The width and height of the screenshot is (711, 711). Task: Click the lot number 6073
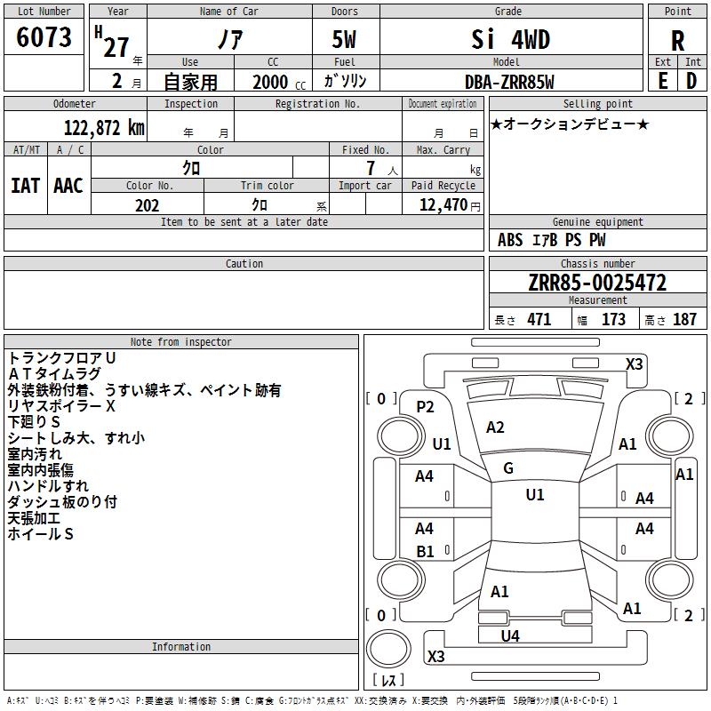44,37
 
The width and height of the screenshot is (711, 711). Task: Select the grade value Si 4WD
510,39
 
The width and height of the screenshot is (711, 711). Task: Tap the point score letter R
677,41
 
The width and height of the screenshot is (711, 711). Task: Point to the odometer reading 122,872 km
104,128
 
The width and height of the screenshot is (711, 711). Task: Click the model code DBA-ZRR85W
509,82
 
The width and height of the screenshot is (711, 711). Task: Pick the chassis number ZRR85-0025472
597,283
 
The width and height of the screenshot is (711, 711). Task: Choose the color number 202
148,205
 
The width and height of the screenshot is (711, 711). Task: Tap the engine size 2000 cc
279,82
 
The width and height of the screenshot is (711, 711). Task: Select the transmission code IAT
26,186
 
